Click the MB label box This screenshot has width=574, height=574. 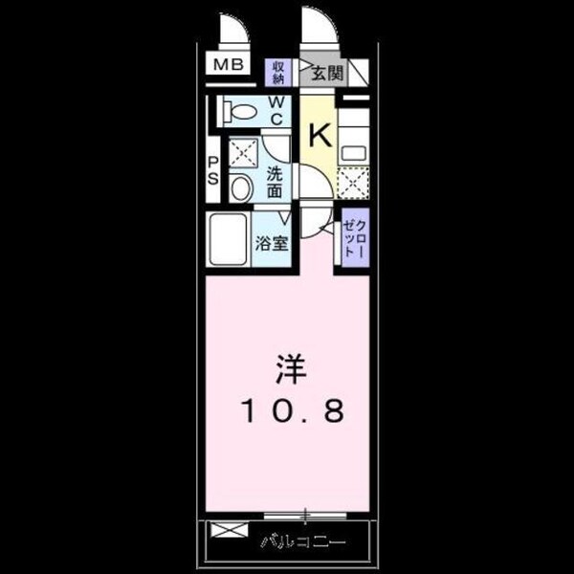(228, 66)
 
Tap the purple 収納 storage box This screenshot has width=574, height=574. (278, 73)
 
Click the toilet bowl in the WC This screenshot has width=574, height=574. (239, 112)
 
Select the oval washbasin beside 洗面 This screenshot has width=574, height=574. (241, 188)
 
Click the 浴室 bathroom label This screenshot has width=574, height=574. (271, 242)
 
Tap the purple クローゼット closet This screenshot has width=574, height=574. (352, 236)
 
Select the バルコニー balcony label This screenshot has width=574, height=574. (302, 543)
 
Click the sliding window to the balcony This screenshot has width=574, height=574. (304, 517)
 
